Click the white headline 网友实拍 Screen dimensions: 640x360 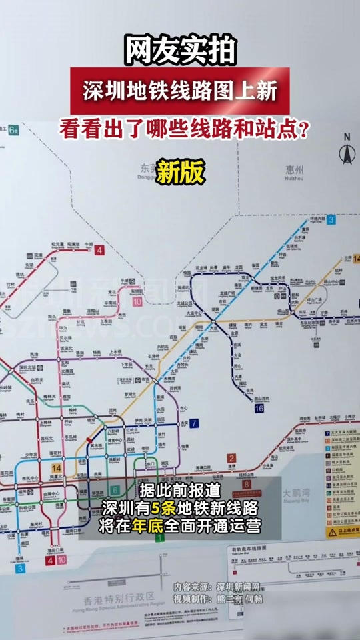point(179,50)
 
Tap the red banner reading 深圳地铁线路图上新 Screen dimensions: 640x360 point(179,91)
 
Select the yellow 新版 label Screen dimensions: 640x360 point(180,173)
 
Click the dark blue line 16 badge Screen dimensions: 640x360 point(259,408)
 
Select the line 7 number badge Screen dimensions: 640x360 point(193,423)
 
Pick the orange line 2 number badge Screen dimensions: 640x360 point(231,458)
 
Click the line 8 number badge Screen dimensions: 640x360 point(246,485)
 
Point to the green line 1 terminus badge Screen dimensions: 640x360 point(159,537)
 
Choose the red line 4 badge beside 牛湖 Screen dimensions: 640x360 point(99,251)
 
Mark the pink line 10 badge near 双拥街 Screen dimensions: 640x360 point(137,301)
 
